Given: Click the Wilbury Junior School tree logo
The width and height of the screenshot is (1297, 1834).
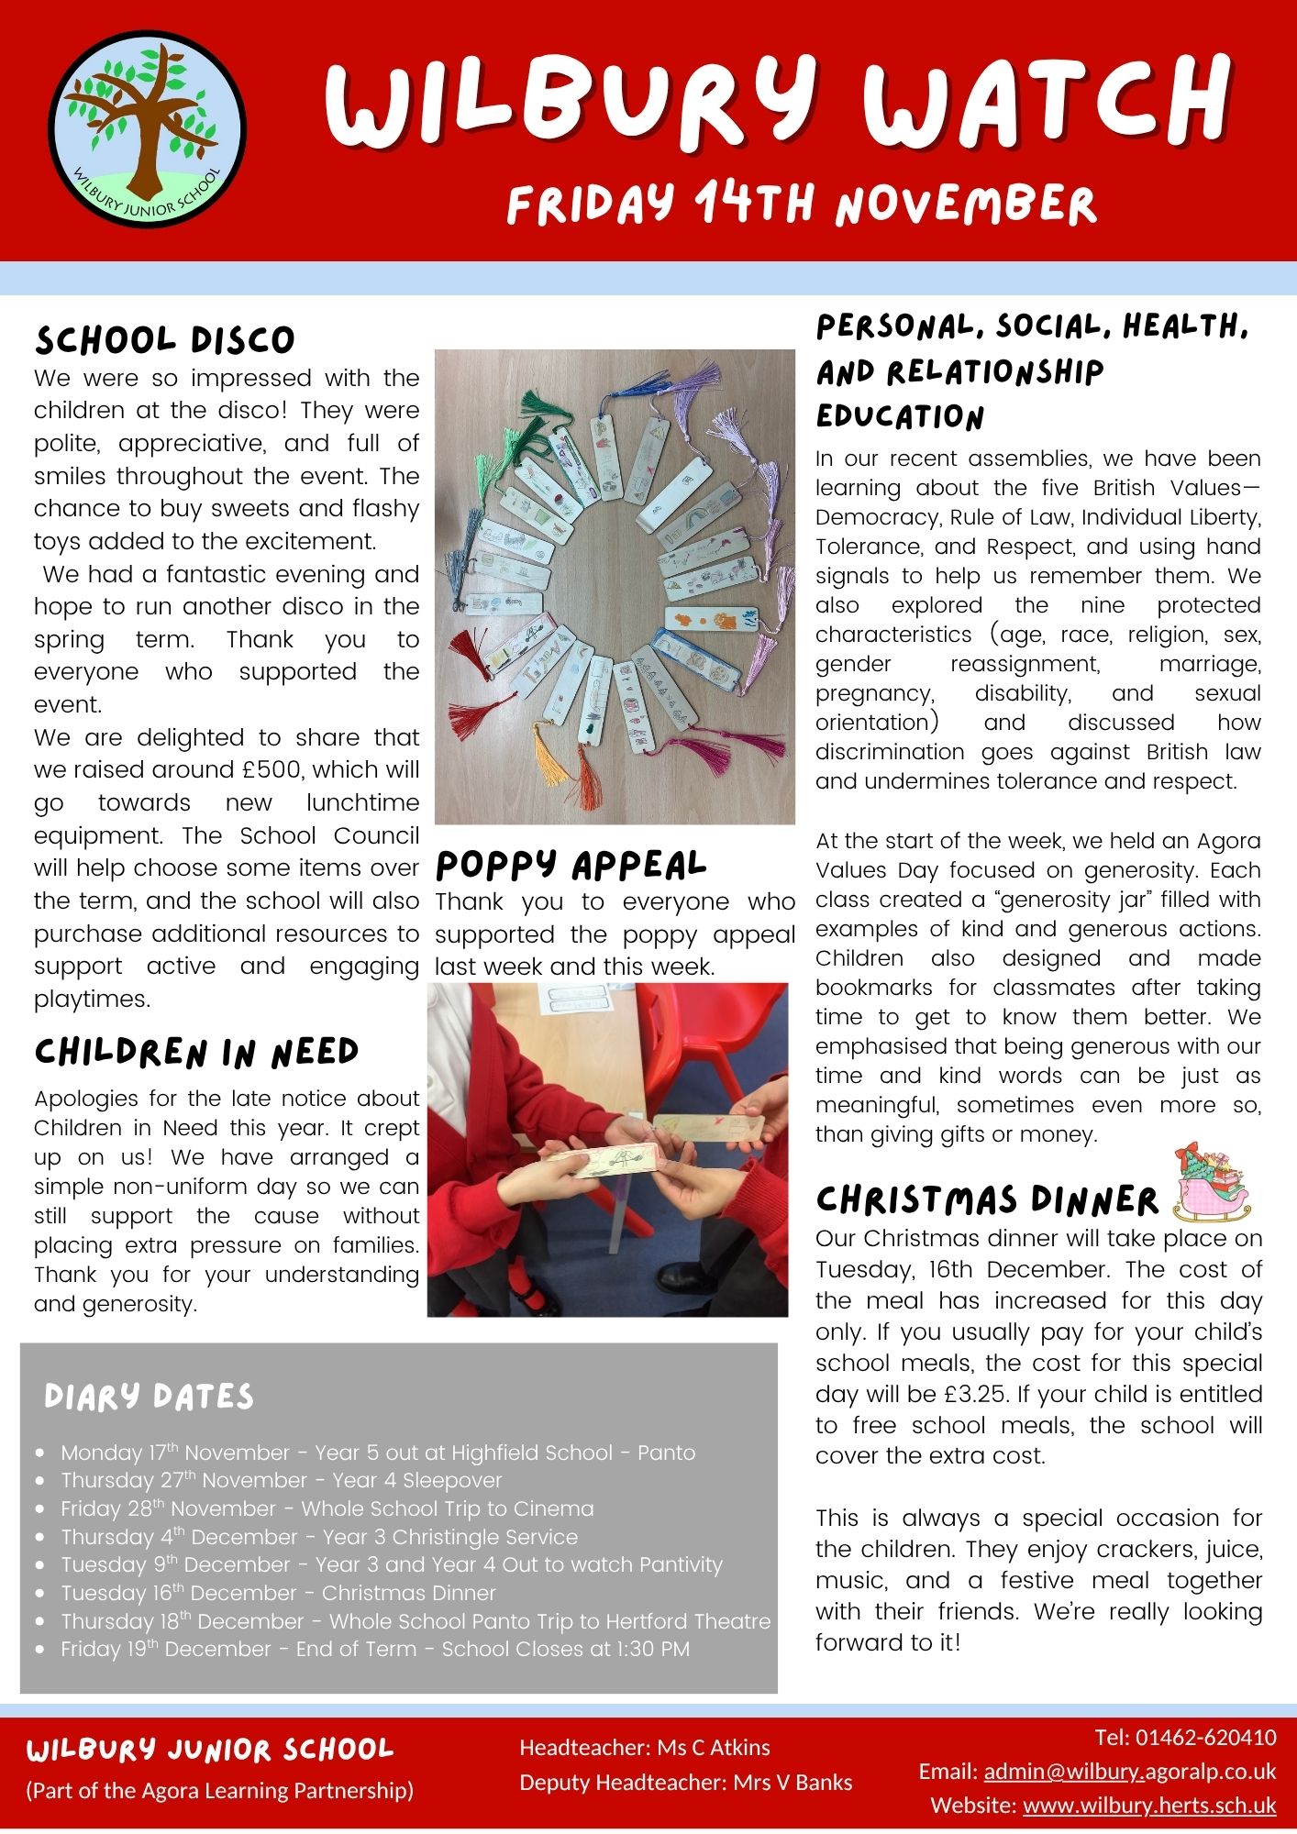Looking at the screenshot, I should click(x=147, y=129).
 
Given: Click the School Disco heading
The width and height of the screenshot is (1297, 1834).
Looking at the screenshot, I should click(x=165, y=340).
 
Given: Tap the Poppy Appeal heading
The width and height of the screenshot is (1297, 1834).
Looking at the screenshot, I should click(x=571, y=865).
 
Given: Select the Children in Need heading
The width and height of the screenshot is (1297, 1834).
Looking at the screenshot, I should click(x=196, y=1053).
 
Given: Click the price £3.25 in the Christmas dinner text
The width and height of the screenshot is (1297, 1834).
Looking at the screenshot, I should click(x=976, y=1395).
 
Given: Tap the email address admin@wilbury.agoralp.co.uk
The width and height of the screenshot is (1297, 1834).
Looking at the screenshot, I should click(x=1129, y=1771).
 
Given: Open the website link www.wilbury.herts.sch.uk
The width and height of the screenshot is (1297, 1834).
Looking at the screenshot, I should click(x=1148, y=1805).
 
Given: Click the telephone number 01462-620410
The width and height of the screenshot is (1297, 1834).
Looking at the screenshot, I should click(x=1205, y=1737).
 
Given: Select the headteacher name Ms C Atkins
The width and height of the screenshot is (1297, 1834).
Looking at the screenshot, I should click(x=713, y=1747).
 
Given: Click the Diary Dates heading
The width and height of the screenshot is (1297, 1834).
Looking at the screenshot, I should click(x=149, y=1397).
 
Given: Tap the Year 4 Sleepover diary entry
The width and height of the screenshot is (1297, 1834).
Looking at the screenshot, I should click(x=281, y=1480).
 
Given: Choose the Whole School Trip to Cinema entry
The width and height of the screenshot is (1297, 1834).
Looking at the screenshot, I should click(x=327, y=1508).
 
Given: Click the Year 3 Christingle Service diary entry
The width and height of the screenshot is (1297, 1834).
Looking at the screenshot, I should click(x=319, y=1537).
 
